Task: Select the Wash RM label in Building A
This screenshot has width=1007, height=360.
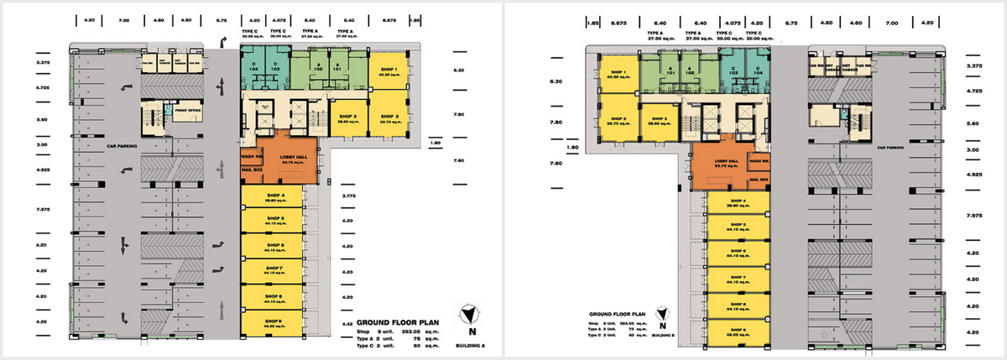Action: point(253,157)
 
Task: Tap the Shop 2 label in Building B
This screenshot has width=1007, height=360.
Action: point(619,121)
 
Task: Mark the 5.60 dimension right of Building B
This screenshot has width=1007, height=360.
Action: point(974,123)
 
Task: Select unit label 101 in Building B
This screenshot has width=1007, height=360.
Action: point(669,72)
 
